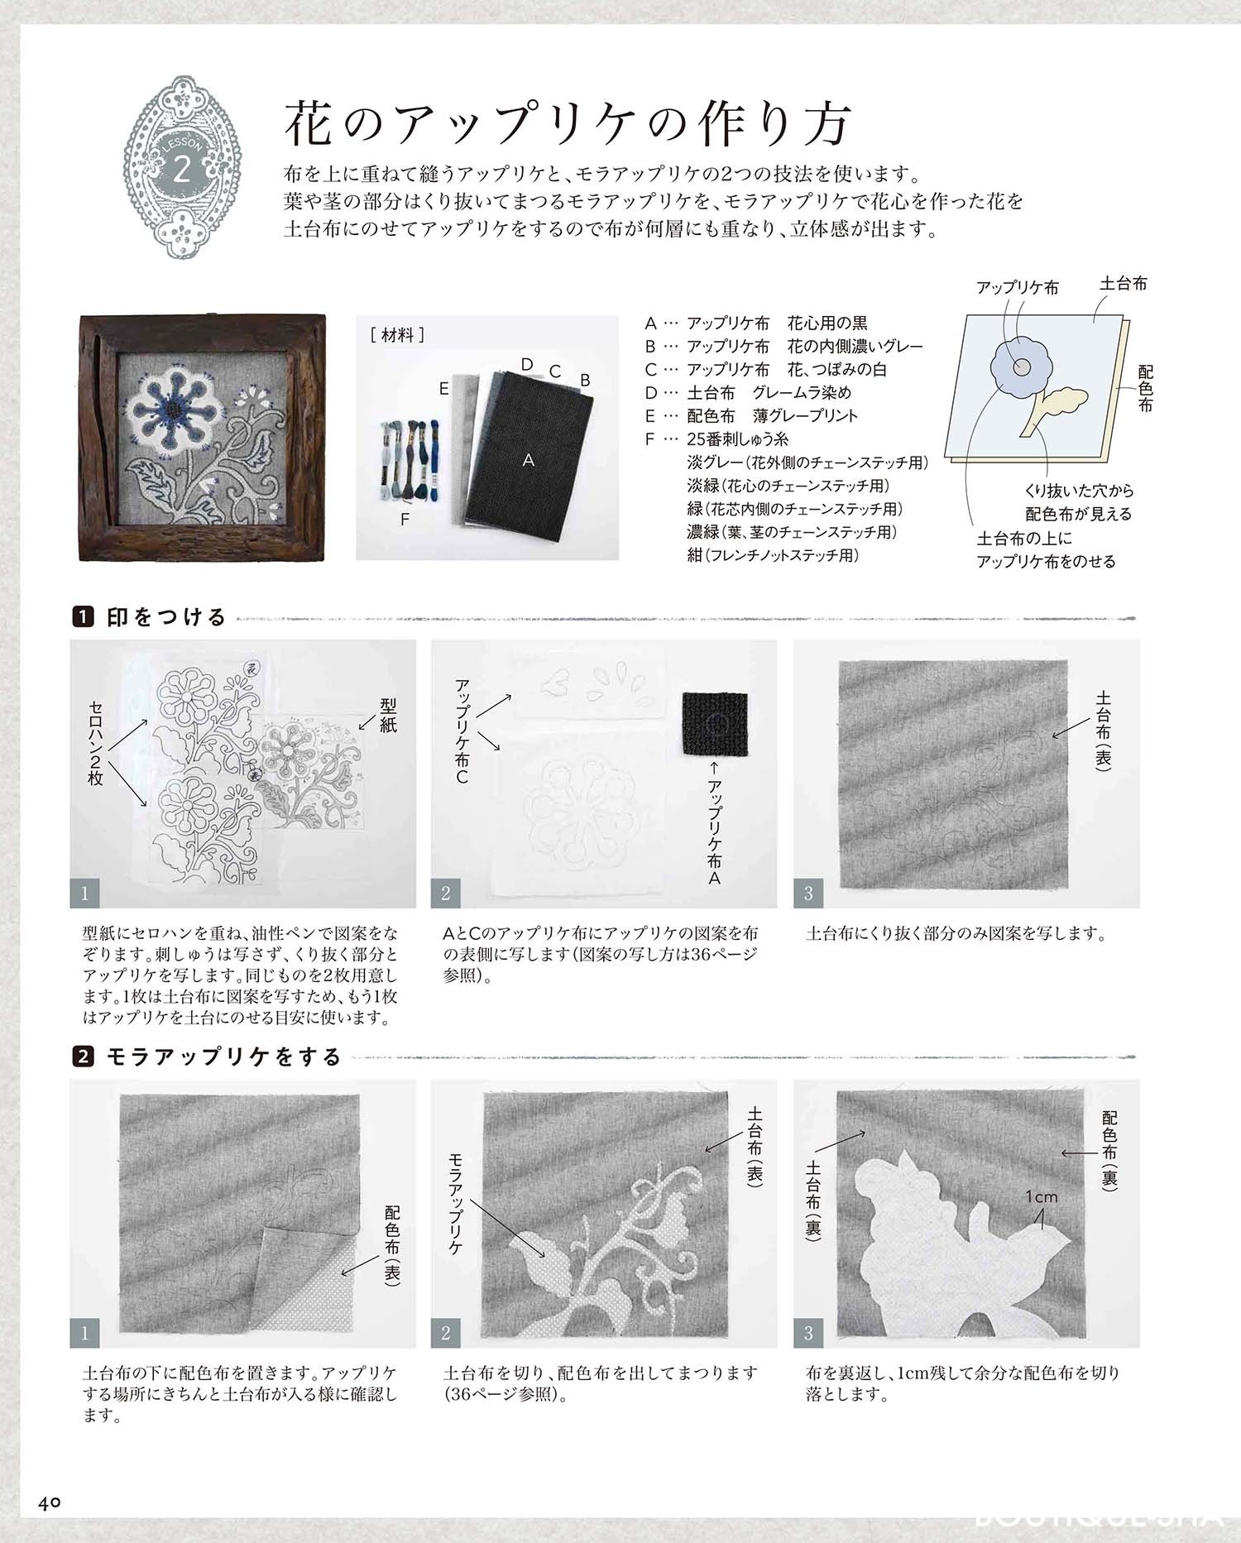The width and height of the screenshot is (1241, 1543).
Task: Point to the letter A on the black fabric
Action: coord(528,460)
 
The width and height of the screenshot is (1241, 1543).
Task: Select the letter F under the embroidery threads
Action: coord(405,520)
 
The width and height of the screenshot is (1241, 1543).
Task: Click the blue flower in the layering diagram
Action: coord(1019,366)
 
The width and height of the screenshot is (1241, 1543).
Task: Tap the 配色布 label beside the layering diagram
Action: coord(1145,389)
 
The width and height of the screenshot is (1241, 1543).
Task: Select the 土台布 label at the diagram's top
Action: coord(1123,284)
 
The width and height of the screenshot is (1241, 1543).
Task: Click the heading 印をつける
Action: coord(165,617)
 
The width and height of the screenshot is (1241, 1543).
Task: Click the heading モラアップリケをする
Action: coord(223,1057)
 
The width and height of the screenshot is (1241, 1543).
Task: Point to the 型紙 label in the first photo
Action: coord(388,715)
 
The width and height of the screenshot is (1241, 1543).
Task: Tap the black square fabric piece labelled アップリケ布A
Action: coord(715,724)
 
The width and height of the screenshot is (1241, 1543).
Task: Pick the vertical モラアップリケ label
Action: coord(455,1203)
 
